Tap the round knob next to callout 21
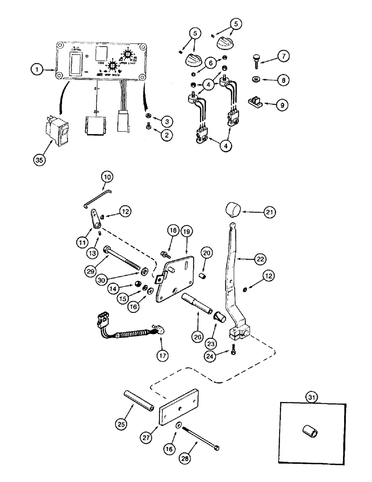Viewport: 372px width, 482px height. tap(234, 211)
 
